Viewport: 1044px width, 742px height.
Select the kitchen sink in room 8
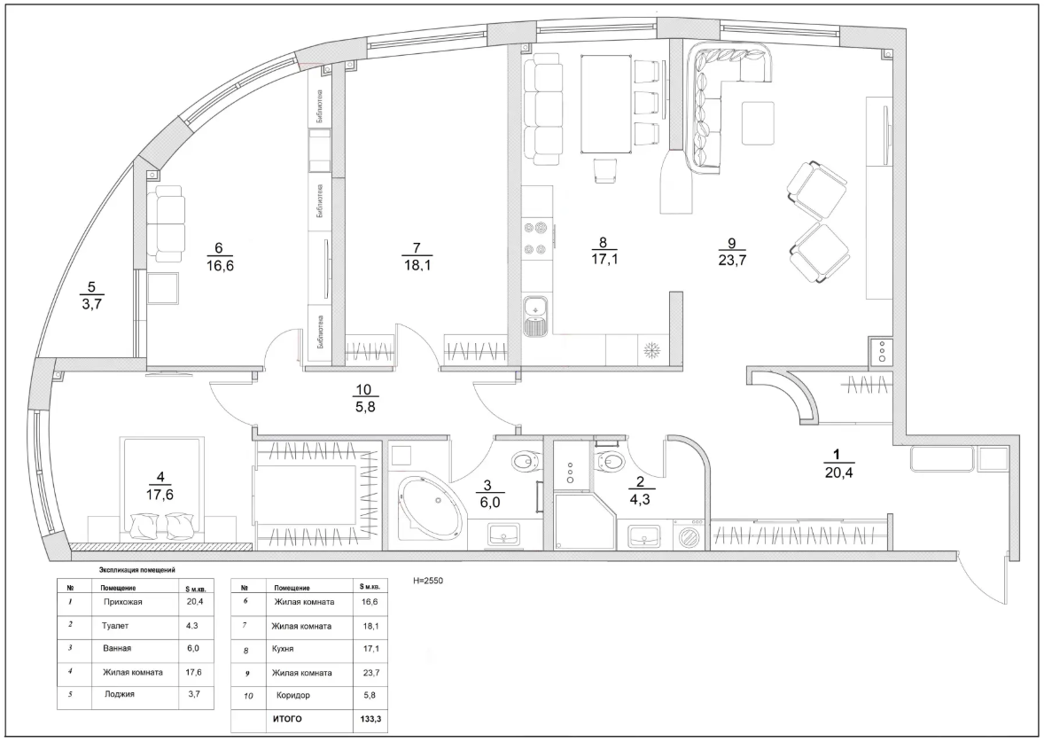tap(534, 316)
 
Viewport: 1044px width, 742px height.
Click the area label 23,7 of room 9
tap(732, 261)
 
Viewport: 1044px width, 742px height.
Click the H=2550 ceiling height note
tap(428, 581)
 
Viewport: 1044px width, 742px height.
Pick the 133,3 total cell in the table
tap(371, 719)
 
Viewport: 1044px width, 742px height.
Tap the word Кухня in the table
tap(283, 649)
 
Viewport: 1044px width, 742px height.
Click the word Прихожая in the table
tap(123, 602)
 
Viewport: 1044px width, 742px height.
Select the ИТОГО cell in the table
tap(286, 719)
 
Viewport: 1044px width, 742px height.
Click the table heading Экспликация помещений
tap(136, 570)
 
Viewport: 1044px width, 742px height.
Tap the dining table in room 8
tap(606, 104)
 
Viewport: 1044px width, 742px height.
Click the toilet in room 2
tap(611, 458)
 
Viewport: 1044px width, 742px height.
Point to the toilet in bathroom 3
tap(526, 459)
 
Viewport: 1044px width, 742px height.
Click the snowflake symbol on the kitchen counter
tap(649, 351)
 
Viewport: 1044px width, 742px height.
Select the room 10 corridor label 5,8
tap(365, 408)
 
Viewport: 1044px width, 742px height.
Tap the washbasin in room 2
tap(643, 534)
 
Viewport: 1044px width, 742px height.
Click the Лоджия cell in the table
tap(120, 694)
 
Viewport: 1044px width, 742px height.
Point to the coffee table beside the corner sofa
tap(758, 123)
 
